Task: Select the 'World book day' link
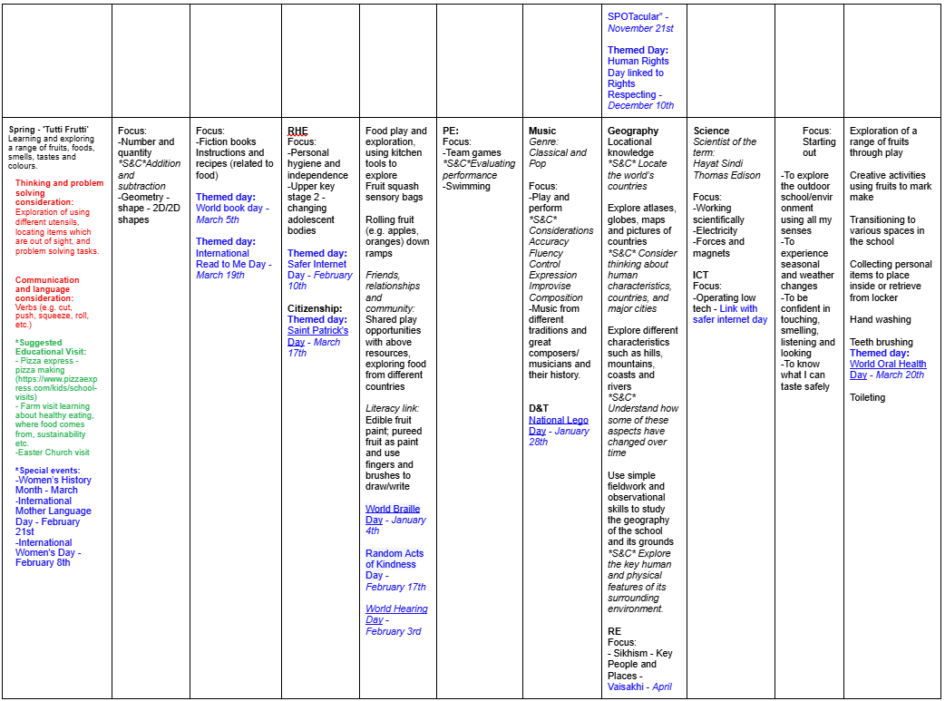pos(229,208)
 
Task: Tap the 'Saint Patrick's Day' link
pos(317,331)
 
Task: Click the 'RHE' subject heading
pos(297,131)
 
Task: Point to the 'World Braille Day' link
pos(393,510)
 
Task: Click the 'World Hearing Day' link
pos(396,609)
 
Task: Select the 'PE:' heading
pos(450,131)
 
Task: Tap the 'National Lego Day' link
pos(559,420)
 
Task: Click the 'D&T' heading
pos(539,408)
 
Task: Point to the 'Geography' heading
pos(633,131)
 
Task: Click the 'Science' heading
pos(711,131)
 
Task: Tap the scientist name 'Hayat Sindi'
pos(719,164)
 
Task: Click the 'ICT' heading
pos(701,275)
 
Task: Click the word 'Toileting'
pos(869,397)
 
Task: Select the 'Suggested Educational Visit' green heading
pos(54,348)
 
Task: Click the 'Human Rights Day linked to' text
pos(635,67)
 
